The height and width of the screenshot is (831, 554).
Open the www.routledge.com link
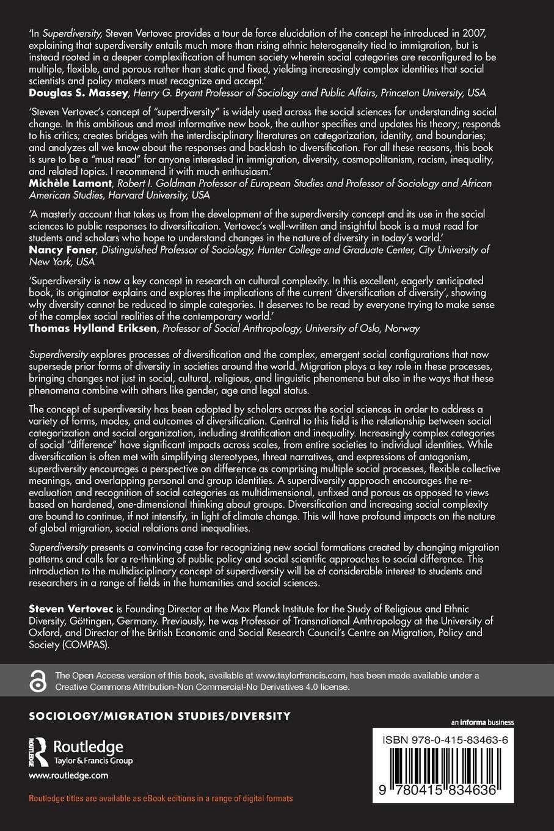[x=68, y=775]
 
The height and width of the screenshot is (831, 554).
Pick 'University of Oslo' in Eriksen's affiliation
[x=346, y=328]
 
